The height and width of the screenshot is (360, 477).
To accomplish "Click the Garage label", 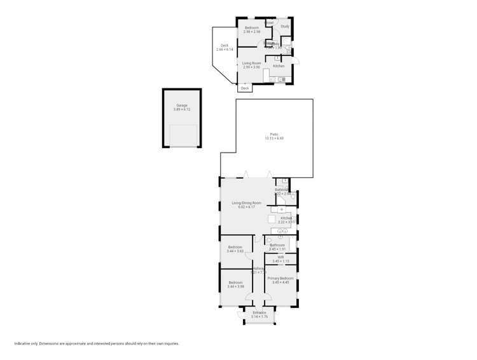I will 181,106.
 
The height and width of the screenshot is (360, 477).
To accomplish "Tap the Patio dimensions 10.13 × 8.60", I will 275,138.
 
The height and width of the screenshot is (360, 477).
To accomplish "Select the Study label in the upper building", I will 284,26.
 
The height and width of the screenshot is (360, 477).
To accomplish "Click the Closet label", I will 269,23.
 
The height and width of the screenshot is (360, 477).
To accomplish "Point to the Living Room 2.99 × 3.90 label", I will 252,63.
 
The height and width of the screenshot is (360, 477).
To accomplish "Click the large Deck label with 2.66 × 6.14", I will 225,45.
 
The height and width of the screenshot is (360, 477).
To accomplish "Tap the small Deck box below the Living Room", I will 245,88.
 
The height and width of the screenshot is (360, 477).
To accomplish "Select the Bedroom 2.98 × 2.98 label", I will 252,28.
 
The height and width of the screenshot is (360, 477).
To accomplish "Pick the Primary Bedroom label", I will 280,279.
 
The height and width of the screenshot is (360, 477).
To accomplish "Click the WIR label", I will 280,258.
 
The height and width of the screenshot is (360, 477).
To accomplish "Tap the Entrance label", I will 259,312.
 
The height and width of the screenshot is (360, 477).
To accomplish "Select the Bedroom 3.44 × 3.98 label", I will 235,282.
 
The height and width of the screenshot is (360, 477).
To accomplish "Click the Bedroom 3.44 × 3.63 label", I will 235,247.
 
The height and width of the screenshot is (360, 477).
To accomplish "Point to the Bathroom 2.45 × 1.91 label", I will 278,245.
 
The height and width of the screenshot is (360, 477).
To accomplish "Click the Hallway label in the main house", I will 258,269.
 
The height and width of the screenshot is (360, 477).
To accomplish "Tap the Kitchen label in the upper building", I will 279,66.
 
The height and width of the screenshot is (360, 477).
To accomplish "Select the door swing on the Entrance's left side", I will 241,314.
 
